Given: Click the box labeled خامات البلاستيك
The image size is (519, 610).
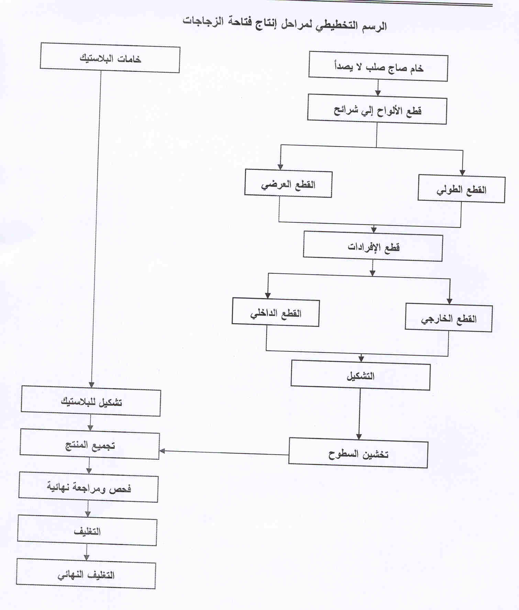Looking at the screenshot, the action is [110, 58].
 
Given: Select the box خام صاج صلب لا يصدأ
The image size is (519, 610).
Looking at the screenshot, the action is [378, 66].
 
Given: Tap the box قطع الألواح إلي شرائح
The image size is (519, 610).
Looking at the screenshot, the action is [377, 109].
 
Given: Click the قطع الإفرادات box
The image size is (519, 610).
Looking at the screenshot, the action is [373, 246].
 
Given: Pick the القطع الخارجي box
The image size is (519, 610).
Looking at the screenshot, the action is [449, 317].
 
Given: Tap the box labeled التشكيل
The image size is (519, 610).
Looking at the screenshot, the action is [361, 375].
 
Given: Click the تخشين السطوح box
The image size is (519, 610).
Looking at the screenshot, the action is [358, 453].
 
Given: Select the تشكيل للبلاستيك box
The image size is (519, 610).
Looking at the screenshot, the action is [91, 401].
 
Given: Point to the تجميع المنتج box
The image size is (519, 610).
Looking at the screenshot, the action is [90, 444].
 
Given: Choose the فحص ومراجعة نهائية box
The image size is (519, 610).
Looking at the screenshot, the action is [88, 487].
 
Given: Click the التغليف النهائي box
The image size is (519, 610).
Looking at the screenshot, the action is [86, 574].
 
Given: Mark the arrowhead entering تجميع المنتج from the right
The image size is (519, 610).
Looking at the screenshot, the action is [162, 451].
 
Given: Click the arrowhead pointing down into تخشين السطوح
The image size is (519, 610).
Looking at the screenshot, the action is [359, 436].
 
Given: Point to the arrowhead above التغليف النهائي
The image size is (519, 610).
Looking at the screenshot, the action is [86, 557].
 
